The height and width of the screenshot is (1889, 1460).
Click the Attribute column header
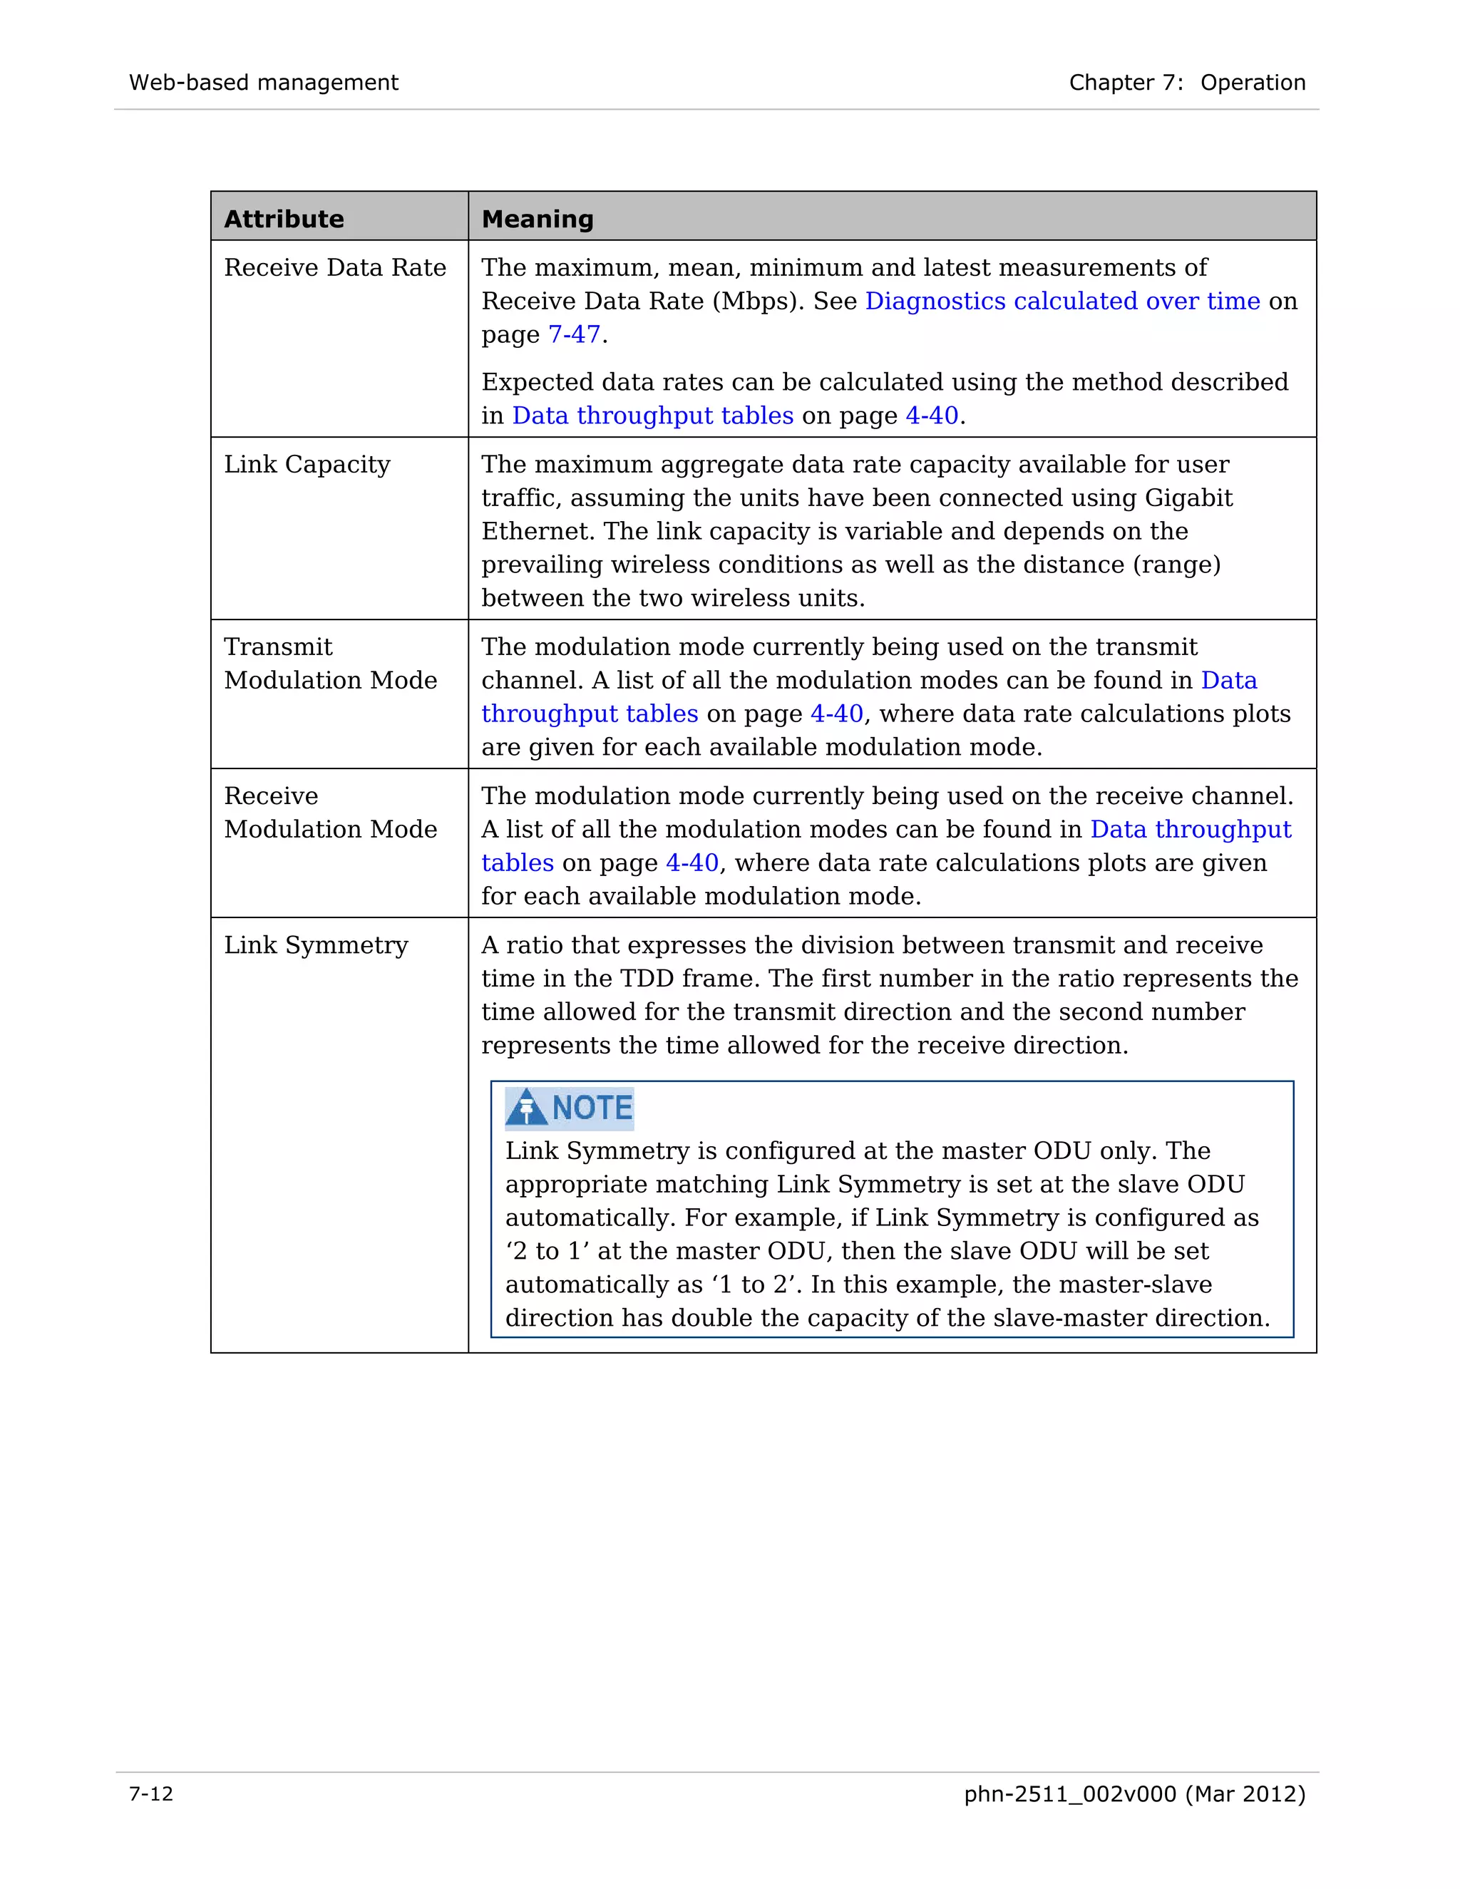[284, 219]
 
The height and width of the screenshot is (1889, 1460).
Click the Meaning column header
[537, 219]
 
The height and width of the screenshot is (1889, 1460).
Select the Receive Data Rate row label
[335, 268]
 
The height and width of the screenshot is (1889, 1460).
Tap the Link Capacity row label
[307, 465]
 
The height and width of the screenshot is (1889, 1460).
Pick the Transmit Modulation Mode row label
[329, 664]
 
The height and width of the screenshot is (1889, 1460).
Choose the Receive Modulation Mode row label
[329, 812]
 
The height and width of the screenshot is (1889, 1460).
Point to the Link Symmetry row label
[316, 945]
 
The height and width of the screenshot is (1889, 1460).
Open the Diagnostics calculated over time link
[1062, 301]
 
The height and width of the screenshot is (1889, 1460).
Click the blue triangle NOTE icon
[526, 1108]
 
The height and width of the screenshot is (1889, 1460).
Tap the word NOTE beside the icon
[592, 1108]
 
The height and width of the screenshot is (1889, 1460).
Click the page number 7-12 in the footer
[151, 1794]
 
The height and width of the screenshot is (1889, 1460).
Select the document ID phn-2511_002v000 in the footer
[1070, 1794]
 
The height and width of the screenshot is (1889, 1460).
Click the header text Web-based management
[264, 83]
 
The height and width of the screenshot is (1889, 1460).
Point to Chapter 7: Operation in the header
[1187, 83]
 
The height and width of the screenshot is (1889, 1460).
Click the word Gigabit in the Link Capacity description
[1188, 498]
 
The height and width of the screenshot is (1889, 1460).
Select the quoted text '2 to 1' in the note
[547, 1252]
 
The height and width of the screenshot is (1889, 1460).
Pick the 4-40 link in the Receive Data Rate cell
[932, 416]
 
